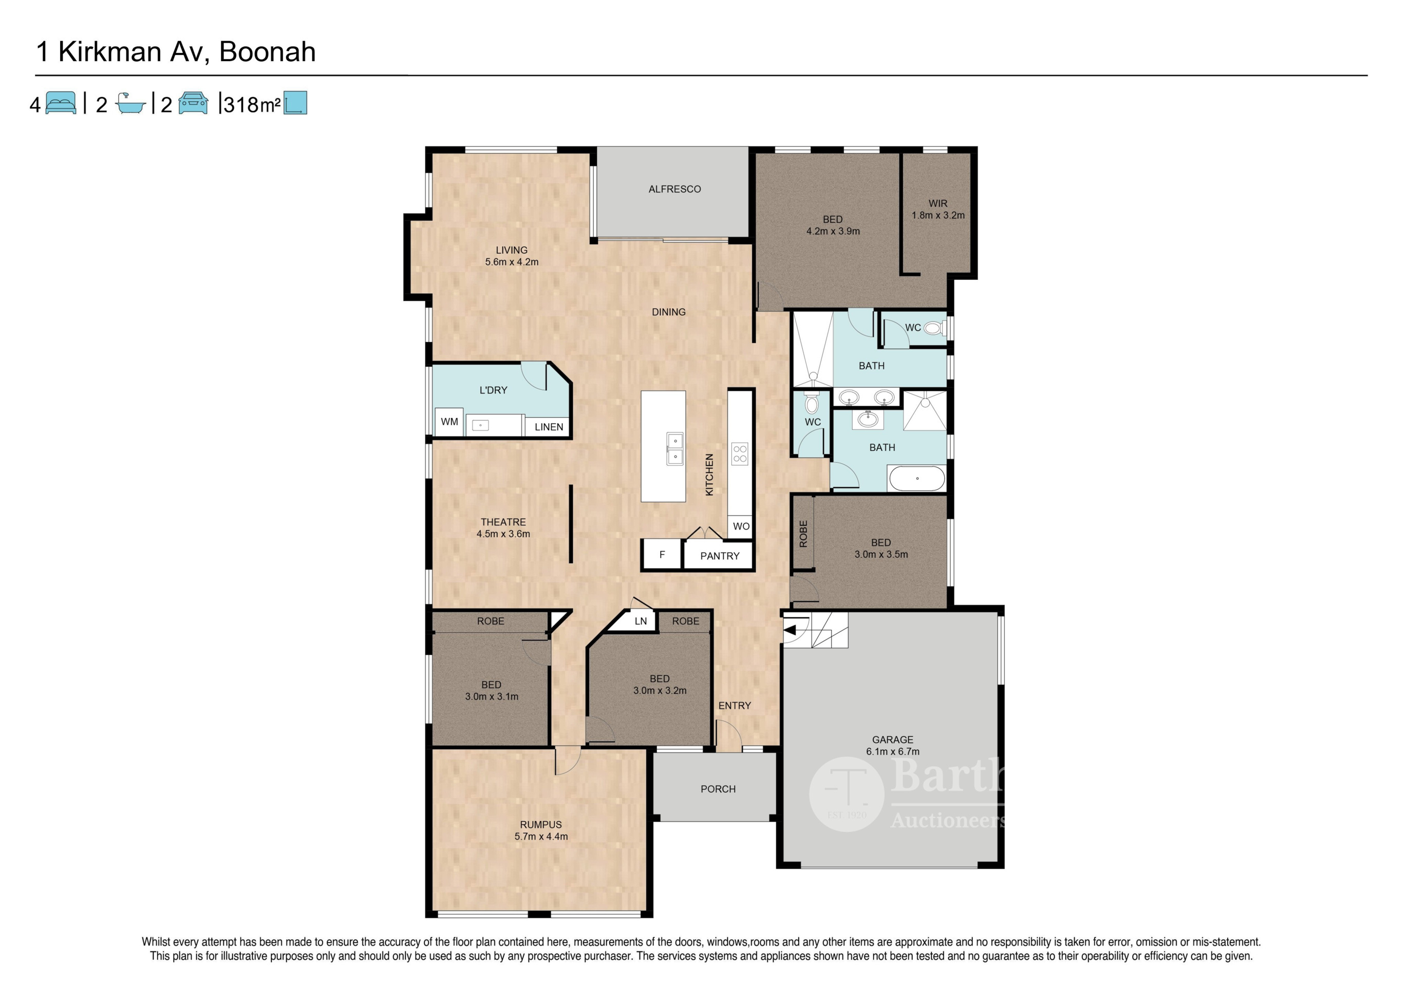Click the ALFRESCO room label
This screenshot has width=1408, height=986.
click(x=674, y=189)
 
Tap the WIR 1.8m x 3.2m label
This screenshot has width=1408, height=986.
click(x=937, y=209)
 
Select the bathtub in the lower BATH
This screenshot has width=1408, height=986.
click(x=917, y=478)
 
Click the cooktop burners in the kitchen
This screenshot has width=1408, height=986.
click(x=740, y=454)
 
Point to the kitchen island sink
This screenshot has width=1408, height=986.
click(x=674, y=449)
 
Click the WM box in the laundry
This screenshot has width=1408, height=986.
click(x=449, y=422)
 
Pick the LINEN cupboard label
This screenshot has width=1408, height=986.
click(x=549, y=427)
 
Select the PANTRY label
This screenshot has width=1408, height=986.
click(x=720, y=556)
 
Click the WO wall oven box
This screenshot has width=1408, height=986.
click(x=741, y=526)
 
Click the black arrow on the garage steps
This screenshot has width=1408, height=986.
click(x=790, y=630)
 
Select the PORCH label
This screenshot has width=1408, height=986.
click(x=718, y=789)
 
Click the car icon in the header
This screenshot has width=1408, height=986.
click(x=193, y=103)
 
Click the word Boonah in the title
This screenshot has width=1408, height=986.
click(x=268, y=51)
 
